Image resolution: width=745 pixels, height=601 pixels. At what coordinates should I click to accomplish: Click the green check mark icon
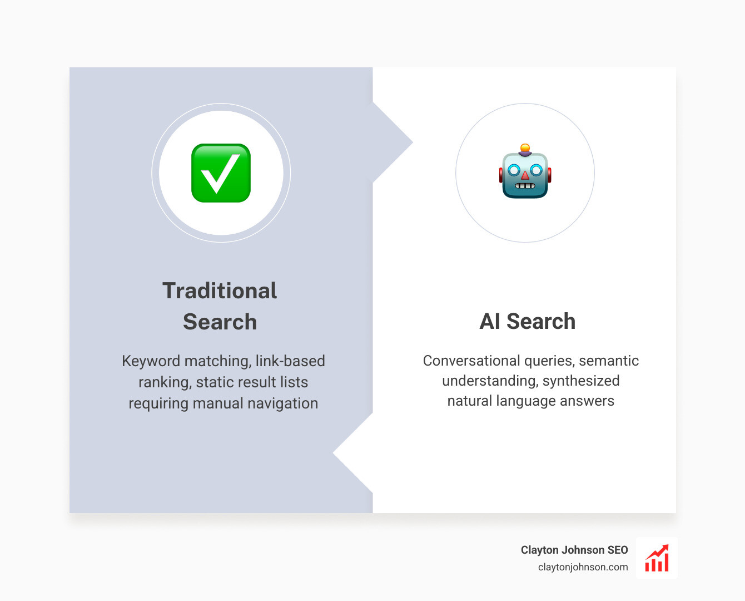[x=221, y=173]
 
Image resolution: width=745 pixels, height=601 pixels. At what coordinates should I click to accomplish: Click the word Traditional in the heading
[x=220, y=290]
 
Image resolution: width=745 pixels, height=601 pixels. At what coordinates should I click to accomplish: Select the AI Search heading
[x=527, y=321]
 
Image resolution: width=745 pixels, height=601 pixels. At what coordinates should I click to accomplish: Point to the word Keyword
[x=151, y=361]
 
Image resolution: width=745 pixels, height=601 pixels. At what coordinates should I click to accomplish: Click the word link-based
[x=290, y=361]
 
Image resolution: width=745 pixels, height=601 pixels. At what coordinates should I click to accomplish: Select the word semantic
[x=609, y=361]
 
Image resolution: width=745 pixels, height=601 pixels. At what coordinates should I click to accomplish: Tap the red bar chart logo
[x=657, y=558]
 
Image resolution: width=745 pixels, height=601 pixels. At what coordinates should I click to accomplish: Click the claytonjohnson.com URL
[x=583, y=567]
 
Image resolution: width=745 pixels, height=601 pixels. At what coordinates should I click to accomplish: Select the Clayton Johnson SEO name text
[x=574, y=550]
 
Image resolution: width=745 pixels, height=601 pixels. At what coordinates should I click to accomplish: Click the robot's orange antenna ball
[x=525, y=148]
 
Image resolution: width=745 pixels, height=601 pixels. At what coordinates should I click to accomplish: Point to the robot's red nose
[x=525, y=176]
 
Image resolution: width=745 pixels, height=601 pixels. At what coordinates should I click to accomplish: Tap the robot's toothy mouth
[x=525, y=186]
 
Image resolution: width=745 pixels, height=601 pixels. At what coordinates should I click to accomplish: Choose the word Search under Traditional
[x=220, y=322]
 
